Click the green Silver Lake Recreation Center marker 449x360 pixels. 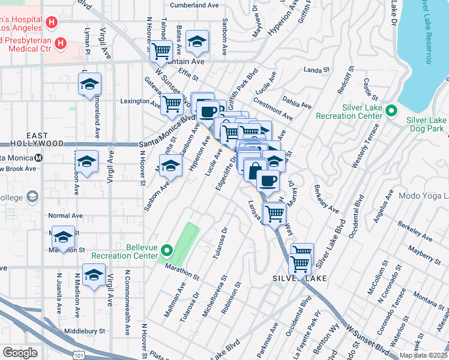(392, 110)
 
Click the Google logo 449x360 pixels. (20, 353)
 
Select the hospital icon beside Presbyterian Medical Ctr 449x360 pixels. (61, 43)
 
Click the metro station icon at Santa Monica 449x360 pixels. (39, 158)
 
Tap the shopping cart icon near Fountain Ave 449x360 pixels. (160, 52)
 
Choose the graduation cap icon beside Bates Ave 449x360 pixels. (196, 42)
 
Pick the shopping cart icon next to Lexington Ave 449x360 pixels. (172, 103)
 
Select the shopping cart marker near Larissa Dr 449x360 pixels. (274, 213)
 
